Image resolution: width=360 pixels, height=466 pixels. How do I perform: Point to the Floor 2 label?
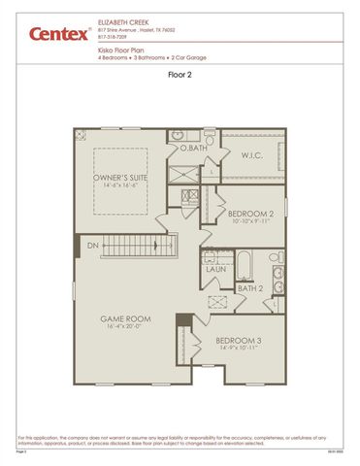[x=181, y=73]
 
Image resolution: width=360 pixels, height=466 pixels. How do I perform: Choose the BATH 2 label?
[x=250, y=288]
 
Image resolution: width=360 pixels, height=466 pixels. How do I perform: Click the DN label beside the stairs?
[x=91, y=247]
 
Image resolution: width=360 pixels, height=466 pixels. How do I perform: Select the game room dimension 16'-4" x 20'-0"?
[x=124, y=327]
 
